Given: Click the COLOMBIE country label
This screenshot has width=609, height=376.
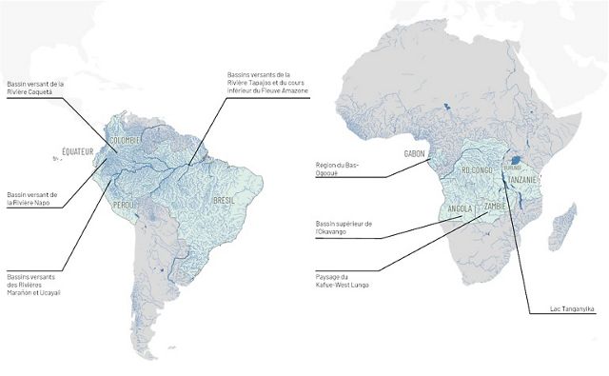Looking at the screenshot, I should pyautogui.click(x=126, y=140).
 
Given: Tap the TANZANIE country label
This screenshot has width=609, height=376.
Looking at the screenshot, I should pyautogui.click(x=524, y=180).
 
